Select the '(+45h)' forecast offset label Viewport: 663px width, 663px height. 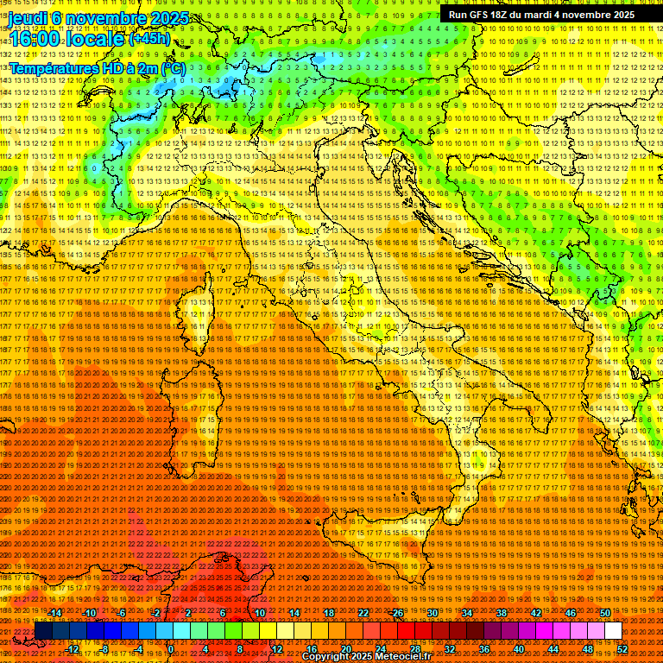(150, 39)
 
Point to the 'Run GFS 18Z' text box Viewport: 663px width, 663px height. (541, 15)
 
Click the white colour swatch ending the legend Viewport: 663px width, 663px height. (613, 631)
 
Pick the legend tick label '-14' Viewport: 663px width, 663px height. (56, 612)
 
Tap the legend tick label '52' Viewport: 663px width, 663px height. (622, 649)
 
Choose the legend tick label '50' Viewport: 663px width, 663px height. (605, 612)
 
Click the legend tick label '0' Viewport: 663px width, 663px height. (171, 649)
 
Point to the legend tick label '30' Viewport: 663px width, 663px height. (433, 612)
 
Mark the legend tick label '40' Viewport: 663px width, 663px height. (519, 649)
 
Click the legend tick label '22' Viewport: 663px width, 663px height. (363, 612)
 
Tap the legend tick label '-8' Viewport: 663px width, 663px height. (105, 649)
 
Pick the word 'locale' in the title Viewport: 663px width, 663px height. (94, 40)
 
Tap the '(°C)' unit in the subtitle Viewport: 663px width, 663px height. (172, 67)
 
